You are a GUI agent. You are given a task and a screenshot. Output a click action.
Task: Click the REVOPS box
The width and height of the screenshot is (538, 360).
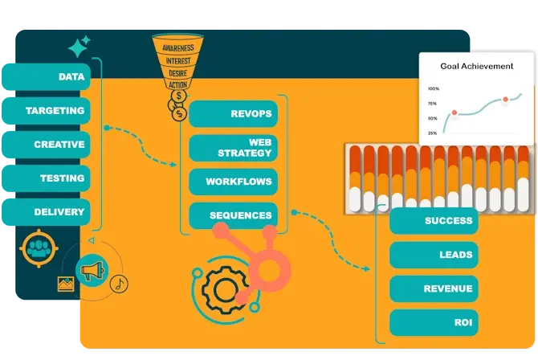coord(234,113)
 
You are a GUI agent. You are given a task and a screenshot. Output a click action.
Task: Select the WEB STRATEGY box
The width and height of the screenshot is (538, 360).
coord(234,148)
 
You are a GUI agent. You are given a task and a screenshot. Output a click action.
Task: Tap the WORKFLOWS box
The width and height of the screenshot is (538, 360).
coord(234,182)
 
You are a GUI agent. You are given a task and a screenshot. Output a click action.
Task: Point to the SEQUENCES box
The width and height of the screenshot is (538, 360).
coord(234,215)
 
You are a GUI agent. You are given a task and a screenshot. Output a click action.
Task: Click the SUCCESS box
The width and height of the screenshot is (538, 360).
coord(434,221)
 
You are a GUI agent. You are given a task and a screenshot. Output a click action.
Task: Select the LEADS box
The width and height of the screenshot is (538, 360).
coord(434,255)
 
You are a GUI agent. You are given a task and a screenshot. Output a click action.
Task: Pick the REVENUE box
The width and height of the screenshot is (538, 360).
coord(434,288)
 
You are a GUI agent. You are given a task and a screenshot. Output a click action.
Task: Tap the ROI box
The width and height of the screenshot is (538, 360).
coord(434,322)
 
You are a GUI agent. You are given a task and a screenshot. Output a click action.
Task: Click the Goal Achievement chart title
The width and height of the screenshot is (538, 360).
coord(477,66)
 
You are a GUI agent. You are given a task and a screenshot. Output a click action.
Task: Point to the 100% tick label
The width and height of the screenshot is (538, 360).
coord(433,89)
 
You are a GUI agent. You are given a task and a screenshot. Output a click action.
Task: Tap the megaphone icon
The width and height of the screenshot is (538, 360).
coord(91,271)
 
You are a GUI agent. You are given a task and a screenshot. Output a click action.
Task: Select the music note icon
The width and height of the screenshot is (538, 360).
coord(119,284)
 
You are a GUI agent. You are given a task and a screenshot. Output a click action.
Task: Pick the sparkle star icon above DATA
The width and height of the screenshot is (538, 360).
coord(79,47)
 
